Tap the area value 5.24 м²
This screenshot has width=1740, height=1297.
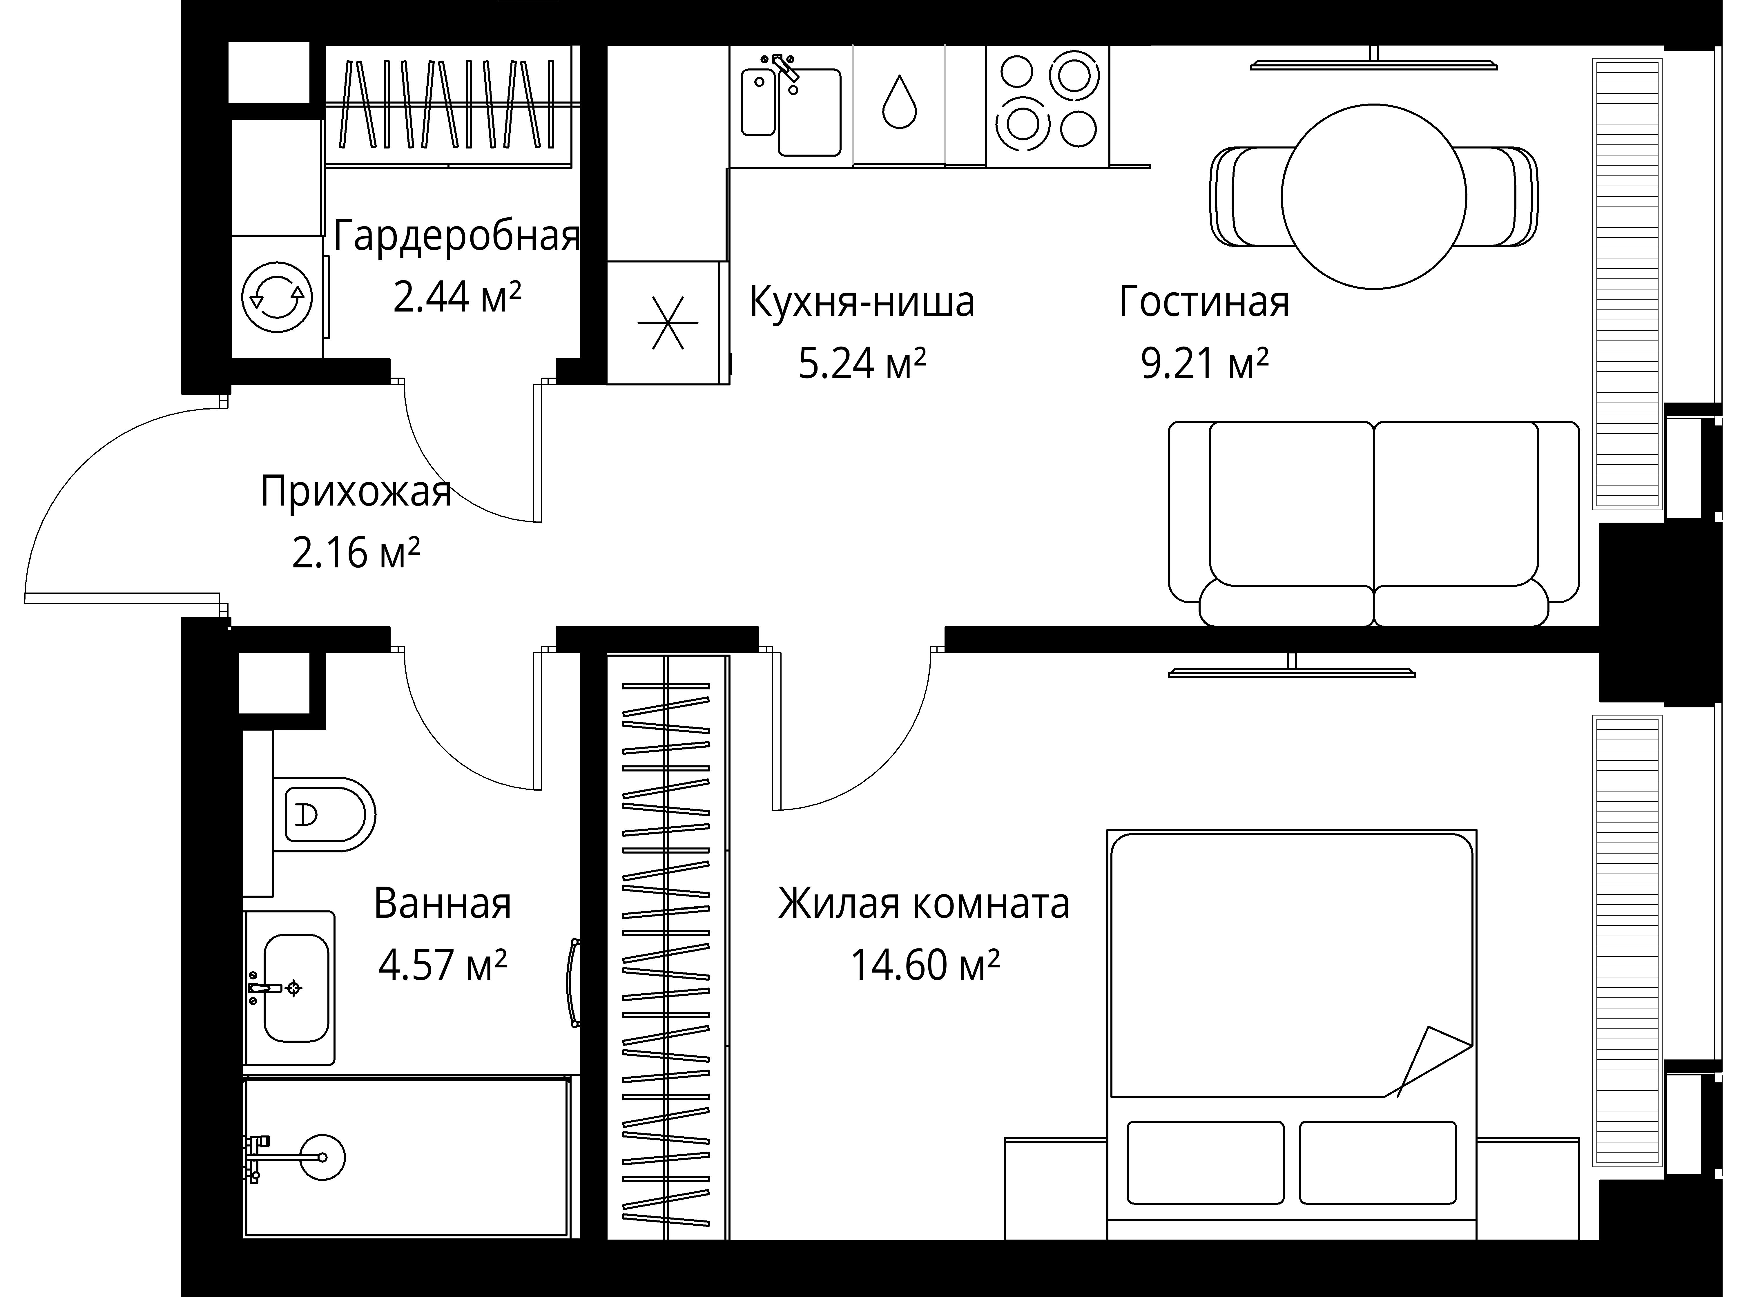click(x=862, y=363)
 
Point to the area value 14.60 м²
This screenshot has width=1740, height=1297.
click(x=925, y=966)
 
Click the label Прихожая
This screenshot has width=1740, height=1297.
click(x=356, y=492)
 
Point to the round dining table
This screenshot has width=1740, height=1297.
click(x=1373, y=196)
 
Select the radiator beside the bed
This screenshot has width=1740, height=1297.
click(x=1627, y=942)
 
